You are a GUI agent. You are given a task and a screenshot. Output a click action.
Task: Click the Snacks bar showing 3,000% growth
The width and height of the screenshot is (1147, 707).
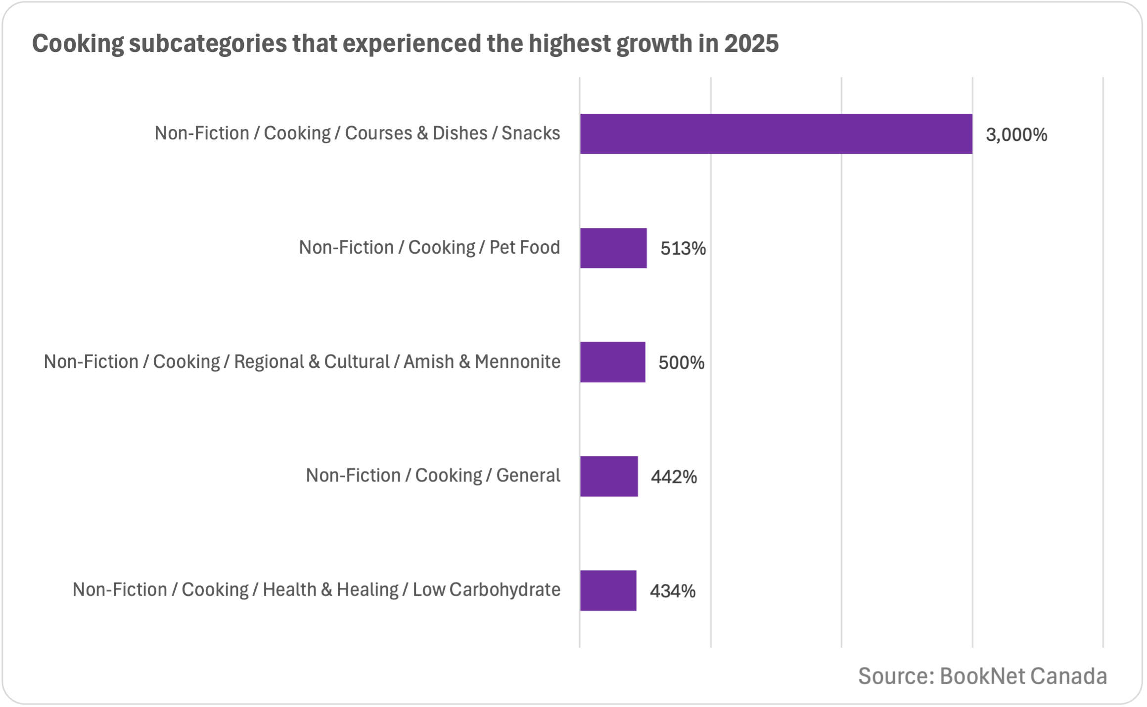click(776, 134)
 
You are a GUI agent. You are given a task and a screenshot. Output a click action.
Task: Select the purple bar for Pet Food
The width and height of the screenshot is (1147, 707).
click(613, 248)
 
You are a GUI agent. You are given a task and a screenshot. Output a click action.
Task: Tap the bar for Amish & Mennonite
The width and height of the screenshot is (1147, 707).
click(612, 362)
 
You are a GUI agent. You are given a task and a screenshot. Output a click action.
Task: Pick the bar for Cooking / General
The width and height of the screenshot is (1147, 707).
click(609, 476)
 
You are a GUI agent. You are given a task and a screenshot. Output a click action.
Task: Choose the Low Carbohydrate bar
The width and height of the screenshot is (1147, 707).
click(608, 590)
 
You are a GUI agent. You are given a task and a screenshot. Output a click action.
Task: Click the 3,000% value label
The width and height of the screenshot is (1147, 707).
click(1016, 135)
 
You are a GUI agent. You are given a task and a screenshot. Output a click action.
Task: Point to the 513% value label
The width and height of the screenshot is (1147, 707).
click(683, 249)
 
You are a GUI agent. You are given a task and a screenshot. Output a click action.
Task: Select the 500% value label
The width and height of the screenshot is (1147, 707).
click(681, 363)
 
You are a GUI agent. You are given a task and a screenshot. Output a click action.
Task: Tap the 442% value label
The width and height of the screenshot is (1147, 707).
click(674, 477)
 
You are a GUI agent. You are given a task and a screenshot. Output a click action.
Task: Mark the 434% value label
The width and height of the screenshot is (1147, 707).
click(672, 591)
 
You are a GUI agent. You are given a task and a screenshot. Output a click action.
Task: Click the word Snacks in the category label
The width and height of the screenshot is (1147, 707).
click(531, 133)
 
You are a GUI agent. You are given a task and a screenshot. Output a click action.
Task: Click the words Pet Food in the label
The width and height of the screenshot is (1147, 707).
click(524, 247)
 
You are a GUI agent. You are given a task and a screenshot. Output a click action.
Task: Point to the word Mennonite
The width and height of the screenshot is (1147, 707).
click(517, 362)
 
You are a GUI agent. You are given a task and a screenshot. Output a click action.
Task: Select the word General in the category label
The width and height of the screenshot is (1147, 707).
click(528, 476)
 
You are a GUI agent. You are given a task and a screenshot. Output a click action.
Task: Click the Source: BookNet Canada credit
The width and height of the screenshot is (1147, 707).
click(982, 676)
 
